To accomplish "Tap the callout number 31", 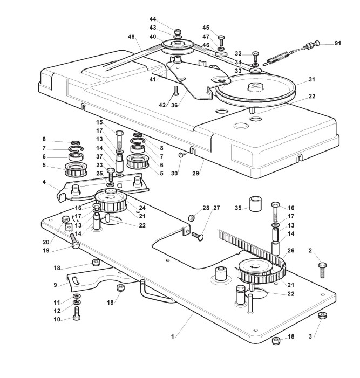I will (x=311, y=79).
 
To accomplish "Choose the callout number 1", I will (x=172, y=336).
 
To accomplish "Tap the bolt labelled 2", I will (x=323, y=267).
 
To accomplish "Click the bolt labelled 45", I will (x=221, y=38).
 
